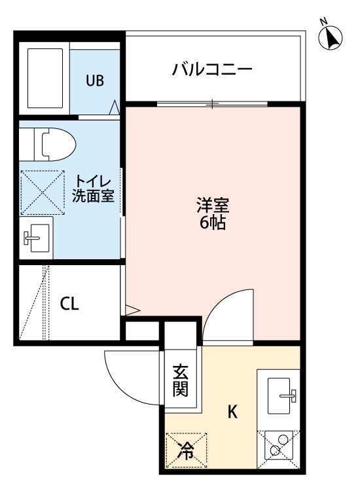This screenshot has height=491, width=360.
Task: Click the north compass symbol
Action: coord(330,37)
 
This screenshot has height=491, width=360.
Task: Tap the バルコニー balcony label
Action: coord(212,69)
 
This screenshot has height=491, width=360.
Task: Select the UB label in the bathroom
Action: coord(95,81)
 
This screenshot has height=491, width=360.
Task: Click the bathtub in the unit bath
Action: coord(45,79)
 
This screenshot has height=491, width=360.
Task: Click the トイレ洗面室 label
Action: coord(93,189)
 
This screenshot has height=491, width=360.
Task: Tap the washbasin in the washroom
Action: coord(36,238)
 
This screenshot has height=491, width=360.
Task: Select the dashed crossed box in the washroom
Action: coord(43,192)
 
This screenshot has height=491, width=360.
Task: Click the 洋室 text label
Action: coord(213,205)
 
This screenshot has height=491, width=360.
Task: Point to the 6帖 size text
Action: coord(213,223)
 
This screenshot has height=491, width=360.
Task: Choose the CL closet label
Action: coord(69,303)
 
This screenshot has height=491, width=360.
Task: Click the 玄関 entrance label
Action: coord(181,380)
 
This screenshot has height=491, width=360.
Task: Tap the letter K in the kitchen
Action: coord(232,412)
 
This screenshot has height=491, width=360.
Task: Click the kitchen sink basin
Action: coord(279,395)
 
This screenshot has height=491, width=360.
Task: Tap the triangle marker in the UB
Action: coord(115,107)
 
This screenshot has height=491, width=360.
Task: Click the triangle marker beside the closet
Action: coord(132,310)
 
